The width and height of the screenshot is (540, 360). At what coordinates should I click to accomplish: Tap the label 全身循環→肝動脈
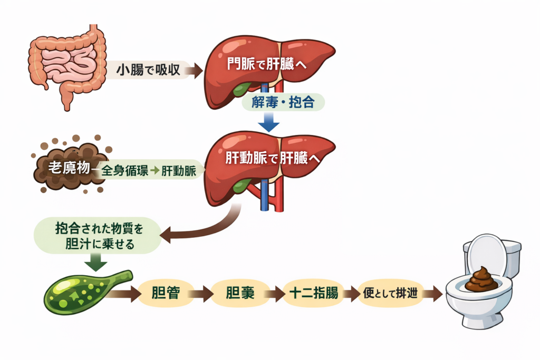pyautogui.click(x=149, y=171)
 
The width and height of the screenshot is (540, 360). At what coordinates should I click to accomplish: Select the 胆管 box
pyautogui.click(x=163, y=294)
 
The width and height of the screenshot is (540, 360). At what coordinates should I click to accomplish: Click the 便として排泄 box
pyautogui.click(x=387, y=294)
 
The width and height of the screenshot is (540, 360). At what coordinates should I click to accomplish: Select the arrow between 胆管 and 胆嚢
pyautogui.click(x=201, y=294)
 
